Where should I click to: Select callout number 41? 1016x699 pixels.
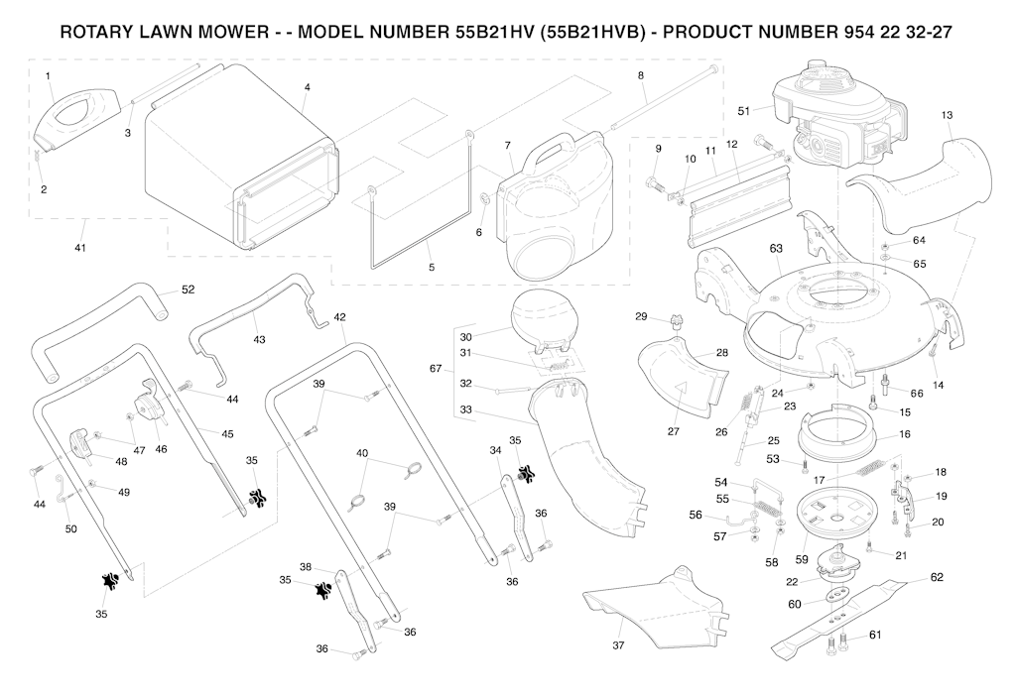tap(80, 247)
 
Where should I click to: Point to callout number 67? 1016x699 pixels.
tap(435, 369)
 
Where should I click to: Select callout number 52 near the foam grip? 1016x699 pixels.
tap(188, 290)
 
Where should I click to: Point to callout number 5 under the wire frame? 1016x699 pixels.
tap(431, 268)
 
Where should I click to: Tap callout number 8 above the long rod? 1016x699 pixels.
tap(640, 75)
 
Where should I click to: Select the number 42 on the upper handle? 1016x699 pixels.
tap(339, 317)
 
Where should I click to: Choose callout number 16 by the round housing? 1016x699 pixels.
tap(904, 434)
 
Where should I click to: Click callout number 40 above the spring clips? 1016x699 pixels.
tap(362, 453)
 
